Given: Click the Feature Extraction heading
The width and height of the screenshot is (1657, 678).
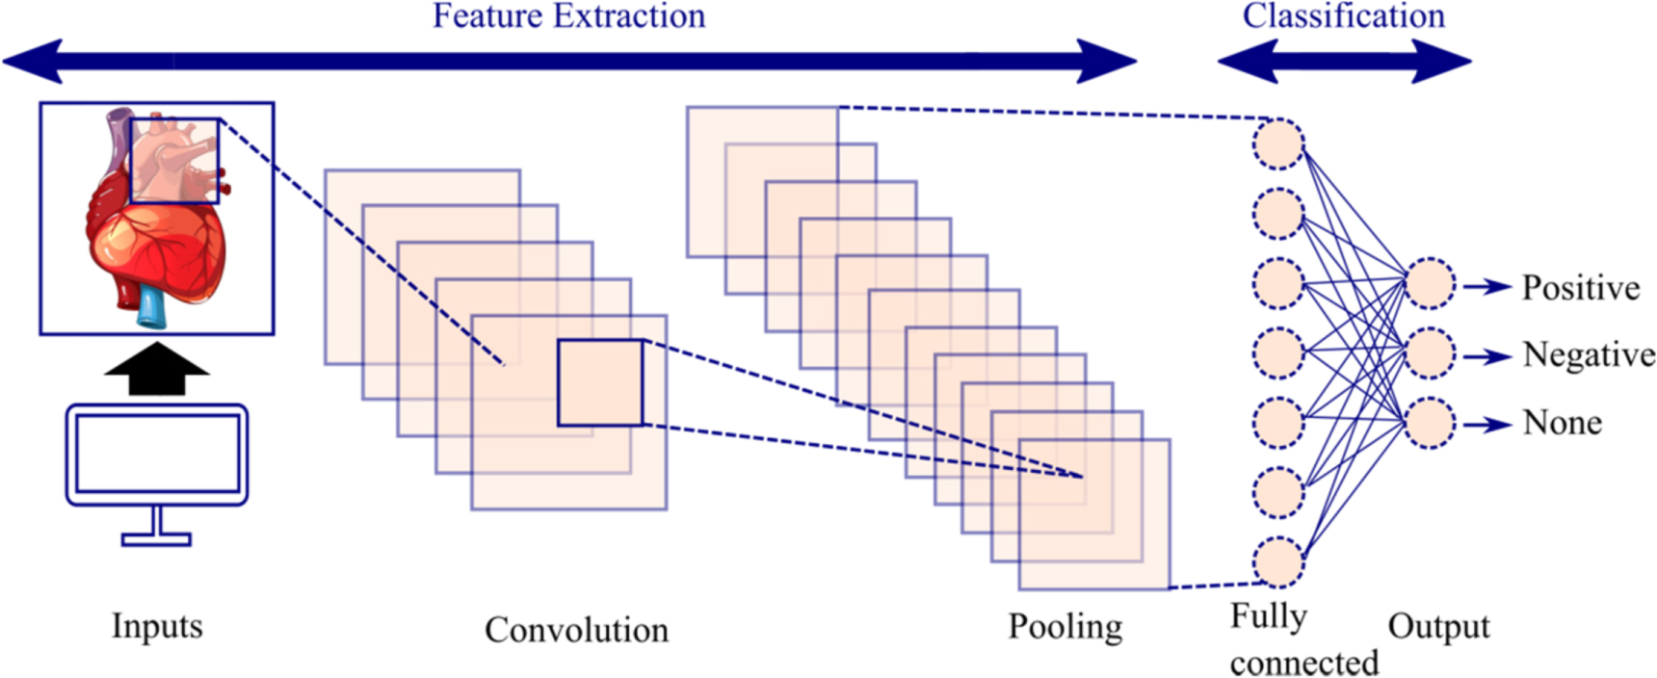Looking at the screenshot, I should (x=568, y=16).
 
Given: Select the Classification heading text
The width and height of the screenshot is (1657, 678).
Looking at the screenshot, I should (x=1343, y=16).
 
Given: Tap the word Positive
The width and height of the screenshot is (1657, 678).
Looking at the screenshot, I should (x=1580, y=288).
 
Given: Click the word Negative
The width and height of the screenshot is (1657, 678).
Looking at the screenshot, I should (x=1588, y=355).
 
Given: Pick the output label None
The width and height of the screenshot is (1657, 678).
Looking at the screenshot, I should (x=1562, y=423).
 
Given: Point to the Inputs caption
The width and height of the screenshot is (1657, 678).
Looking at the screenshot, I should (x=157, y=626).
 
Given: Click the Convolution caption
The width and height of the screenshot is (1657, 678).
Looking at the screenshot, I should (x=576, y=630).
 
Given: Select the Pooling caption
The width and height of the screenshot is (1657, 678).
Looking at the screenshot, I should (x=1065, y=627).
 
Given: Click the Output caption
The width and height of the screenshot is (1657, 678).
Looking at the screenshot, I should (x=1438, y=627).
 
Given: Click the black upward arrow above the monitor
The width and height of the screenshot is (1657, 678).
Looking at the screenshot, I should (x=156, y=369).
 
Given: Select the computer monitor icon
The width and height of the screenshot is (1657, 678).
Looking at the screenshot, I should (x=157, y=455).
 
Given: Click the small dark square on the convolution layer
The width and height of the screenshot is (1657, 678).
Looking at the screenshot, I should (x=600, y=382).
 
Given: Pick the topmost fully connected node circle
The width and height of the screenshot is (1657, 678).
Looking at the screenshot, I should (x=1277, y=143).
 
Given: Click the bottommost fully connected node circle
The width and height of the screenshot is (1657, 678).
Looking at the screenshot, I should (x=1277, y=562).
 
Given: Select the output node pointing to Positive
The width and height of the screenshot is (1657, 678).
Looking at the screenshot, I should (x=1430, y=284).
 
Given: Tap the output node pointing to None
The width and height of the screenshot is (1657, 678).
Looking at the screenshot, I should (x=1430, y=424).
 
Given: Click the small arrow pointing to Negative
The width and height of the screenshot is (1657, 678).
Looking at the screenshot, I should (x=1487, y=356).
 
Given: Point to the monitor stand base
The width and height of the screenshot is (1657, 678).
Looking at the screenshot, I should (x=156, y=539).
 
